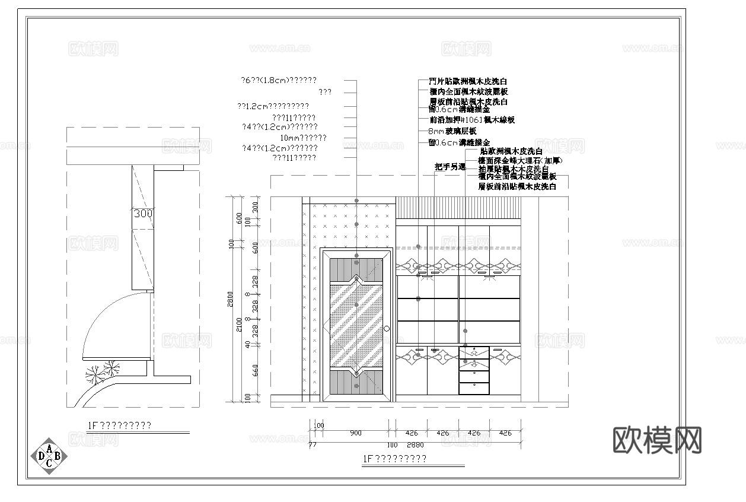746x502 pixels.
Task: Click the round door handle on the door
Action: [387, 328]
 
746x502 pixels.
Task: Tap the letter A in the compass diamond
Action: [49, 447]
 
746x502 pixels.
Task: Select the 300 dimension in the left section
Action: [143, 213]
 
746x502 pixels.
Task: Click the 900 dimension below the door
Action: [355, 433]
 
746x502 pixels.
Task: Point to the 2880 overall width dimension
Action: [416, 444]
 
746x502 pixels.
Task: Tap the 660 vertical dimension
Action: [255, 371]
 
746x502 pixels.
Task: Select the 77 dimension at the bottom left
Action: [313, 444]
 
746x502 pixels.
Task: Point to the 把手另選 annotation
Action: [450, 167]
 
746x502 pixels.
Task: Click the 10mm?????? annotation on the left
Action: [303, 138]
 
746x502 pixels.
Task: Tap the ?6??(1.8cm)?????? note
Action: [278, 80]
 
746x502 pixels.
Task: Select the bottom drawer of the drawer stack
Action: [474, 389]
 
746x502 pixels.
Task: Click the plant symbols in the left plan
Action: [102, 371]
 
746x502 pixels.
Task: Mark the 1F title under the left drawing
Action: [119, 425]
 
